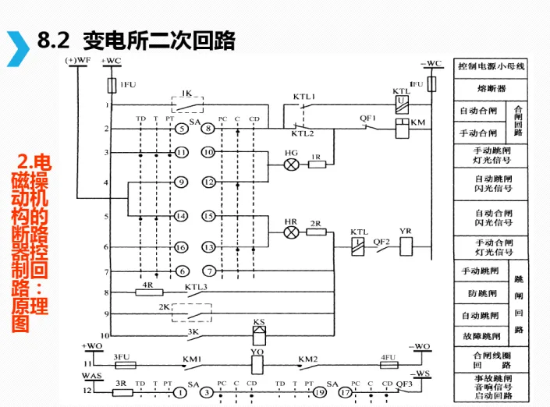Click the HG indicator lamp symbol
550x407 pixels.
[x=292, y=165]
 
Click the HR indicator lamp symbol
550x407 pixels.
[x=291, y=232]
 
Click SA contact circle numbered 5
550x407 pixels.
[x=180, y=128]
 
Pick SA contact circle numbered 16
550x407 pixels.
[x=180, y=247]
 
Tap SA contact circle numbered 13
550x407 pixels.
[x=209, y=247]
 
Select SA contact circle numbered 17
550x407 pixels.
[x=344, y=392]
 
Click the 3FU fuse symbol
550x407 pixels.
[x=125, y=364]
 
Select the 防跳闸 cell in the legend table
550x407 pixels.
[x=481, y=293]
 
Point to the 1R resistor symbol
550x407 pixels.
[x=317, y=165]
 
